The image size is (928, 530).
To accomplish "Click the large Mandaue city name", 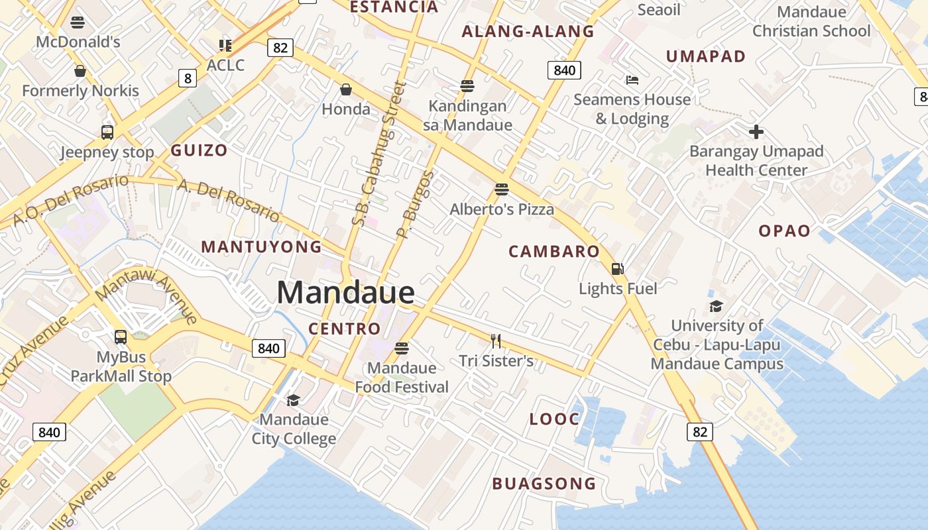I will click(345, 292).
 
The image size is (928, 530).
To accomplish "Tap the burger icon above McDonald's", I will click(78, 23).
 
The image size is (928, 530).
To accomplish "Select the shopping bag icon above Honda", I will click(345, 89).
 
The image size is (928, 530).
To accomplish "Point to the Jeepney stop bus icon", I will click(107, 132).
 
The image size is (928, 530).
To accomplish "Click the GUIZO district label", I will click(199, 150).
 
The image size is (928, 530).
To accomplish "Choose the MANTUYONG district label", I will click(261, 247).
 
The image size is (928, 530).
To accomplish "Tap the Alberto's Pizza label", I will click(502, 209).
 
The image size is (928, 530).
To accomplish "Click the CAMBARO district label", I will click(553, 252).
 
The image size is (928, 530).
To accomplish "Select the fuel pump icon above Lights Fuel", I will click(618, 269).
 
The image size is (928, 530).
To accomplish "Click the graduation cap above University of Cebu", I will click(716, 306).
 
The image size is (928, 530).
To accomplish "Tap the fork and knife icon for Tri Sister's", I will click(496, 341).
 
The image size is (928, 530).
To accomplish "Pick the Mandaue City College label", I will click(294, 429).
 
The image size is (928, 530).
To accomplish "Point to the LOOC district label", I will click(554, 419).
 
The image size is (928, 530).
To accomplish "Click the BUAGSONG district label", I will click(544, 484).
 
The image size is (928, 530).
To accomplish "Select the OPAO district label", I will click(784, 231).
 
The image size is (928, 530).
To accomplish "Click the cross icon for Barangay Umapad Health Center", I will click(756, 132).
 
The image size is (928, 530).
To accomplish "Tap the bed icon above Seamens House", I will click(632, 80).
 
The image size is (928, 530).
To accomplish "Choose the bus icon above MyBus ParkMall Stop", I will click(121, 337).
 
